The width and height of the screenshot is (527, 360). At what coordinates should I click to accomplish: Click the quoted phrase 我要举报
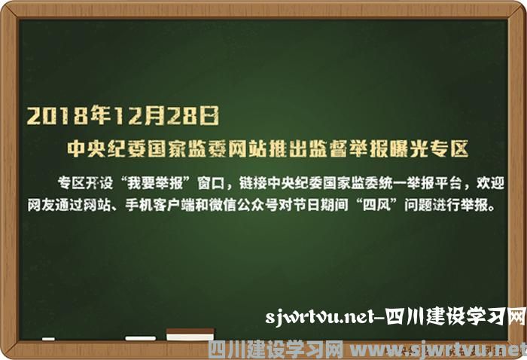tap(155, 183)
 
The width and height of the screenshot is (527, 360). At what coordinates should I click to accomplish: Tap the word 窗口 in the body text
tap(212, 183)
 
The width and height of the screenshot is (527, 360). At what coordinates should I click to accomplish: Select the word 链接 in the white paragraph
tap(253, 183)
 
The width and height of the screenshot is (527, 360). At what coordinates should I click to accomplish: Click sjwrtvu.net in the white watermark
tap(320, 316)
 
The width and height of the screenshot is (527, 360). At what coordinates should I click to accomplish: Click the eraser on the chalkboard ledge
tap(190, 335)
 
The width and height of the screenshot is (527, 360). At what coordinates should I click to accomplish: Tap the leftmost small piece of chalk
tap(48, 339)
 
